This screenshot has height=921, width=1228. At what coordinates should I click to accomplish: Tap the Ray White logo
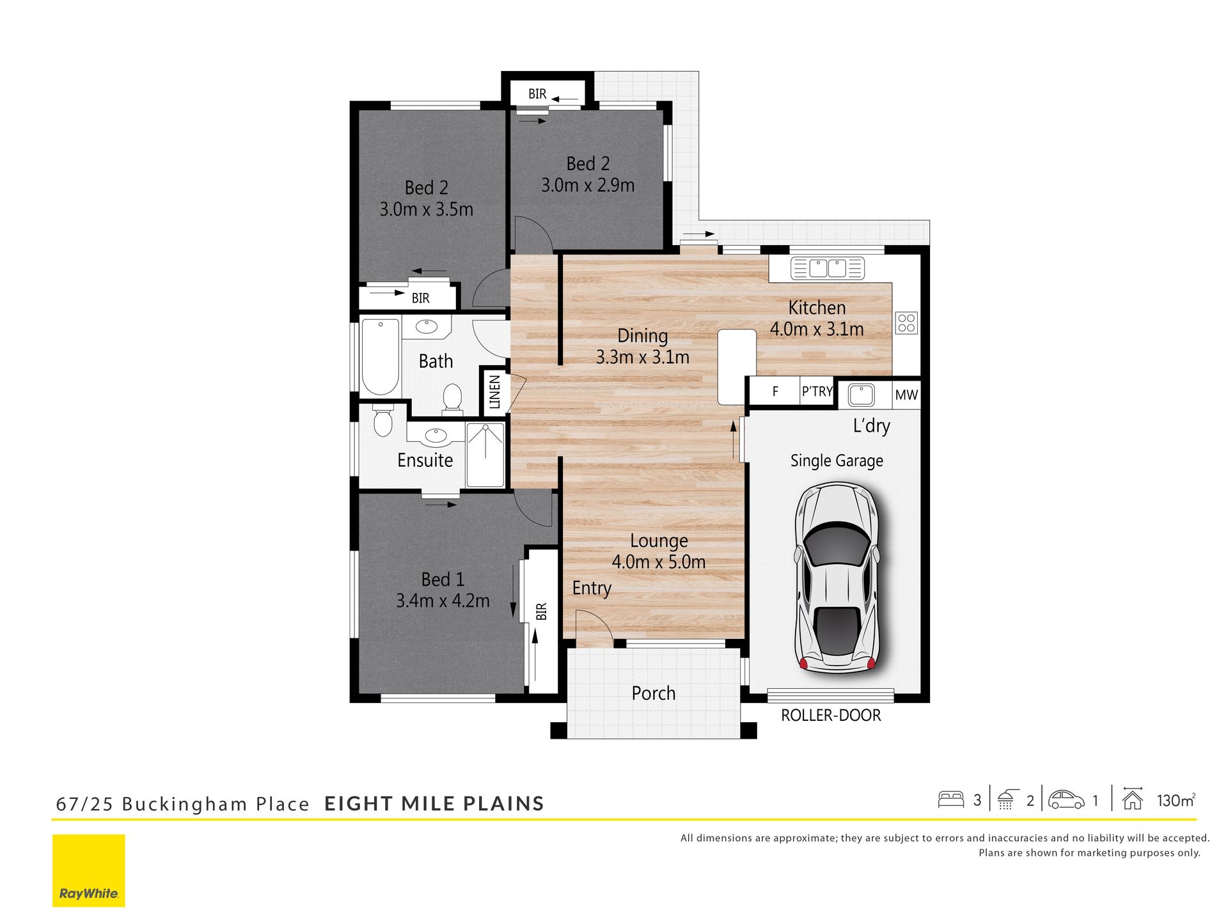89,870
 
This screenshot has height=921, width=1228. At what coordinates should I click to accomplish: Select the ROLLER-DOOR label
831,715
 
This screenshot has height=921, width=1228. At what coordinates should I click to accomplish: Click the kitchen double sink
828,268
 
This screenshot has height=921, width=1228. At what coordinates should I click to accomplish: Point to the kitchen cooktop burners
906,323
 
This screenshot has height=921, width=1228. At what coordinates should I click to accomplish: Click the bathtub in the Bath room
381,356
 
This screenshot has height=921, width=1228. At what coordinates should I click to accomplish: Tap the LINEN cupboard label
494,391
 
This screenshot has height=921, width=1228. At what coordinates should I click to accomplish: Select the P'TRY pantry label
817,391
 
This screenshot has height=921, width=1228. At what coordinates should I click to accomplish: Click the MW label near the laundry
906,395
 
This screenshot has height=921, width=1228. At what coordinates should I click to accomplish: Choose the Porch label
654,693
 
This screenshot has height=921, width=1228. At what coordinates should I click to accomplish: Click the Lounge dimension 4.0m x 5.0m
659,562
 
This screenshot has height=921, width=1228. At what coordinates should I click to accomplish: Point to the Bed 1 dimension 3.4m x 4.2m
443,601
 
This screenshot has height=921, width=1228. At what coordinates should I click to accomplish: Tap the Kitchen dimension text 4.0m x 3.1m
817,329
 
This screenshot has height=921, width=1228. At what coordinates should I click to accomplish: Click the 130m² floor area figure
1176,800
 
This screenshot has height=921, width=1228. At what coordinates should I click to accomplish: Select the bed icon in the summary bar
951,799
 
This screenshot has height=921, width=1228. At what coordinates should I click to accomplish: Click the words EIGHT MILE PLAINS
434,804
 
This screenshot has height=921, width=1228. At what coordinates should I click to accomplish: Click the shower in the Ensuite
485,455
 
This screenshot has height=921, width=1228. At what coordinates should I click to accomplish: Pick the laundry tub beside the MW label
861,395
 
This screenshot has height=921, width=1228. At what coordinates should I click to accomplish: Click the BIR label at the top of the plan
537,94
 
